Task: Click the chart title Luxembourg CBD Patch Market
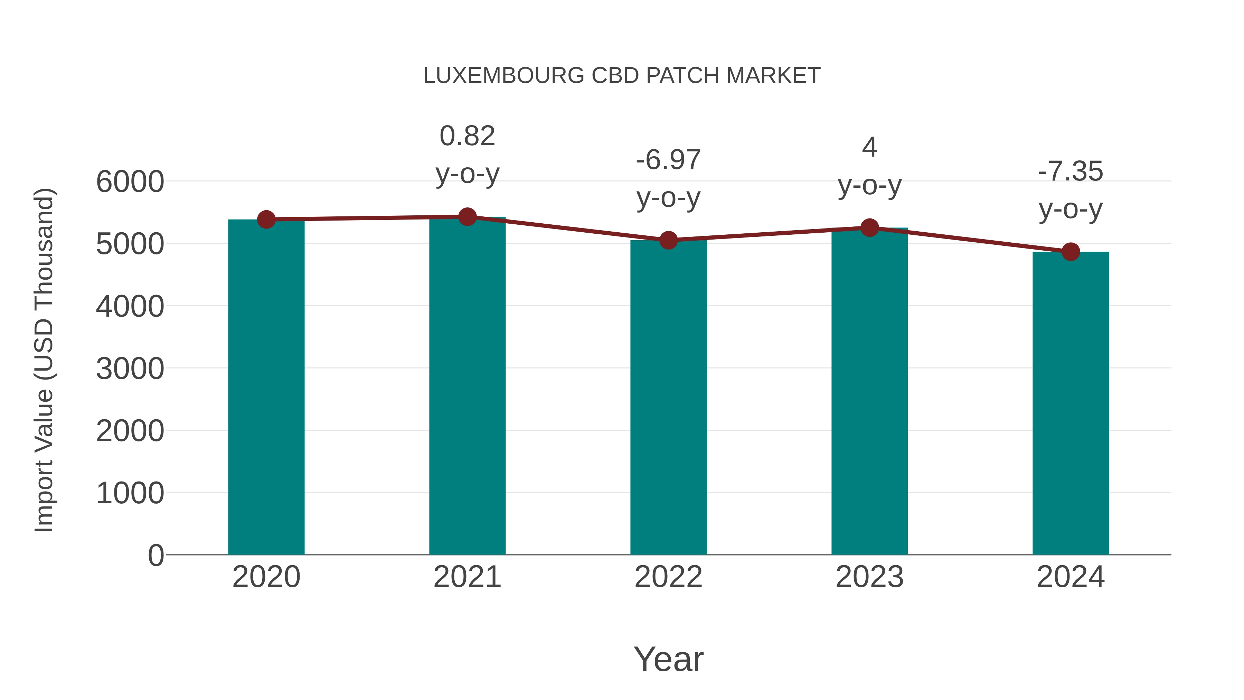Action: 622,76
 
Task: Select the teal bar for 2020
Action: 266,386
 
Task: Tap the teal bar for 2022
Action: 668,396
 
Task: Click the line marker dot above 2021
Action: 467,217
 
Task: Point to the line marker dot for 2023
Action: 869,227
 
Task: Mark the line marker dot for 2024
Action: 1071,252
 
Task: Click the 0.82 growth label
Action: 467,136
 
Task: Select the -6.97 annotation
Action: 668,160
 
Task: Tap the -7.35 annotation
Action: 1070,171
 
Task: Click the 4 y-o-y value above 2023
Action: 869,147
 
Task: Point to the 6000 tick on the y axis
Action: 130,182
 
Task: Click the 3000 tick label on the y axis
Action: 130,369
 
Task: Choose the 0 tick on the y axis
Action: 155,555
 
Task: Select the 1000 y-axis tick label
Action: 130,493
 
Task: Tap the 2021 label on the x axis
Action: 467,577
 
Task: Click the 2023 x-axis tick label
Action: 869,577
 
